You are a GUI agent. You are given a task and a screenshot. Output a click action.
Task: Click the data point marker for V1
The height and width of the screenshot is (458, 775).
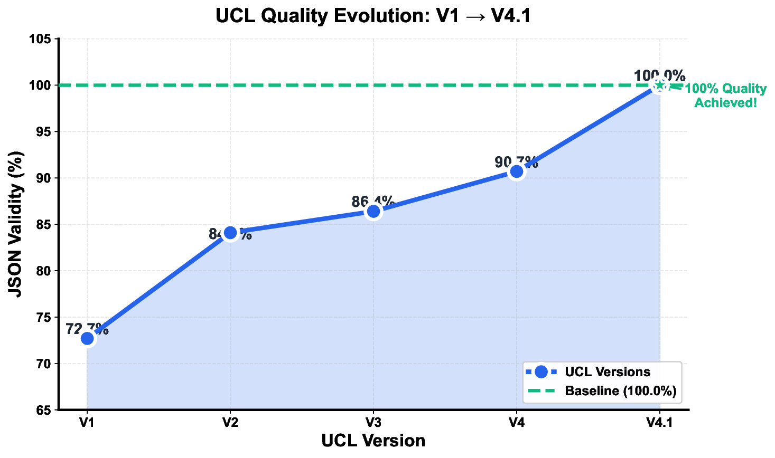pos(88,338)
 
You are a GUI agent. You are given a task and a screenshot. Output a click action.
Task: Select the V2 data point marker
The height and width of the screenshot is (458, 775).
pos(230,232)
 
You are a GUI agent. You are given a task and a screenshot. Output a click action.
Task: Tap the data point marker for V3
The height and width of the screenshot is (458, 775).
pos(374,211)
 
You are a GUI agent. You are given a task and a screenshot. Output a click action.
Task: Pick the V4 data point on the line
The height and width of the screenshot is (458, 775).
pos(517,171)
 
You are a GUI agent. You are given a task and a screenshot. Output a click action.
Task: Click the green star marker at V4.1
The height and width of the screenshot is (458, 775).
pos(659,85)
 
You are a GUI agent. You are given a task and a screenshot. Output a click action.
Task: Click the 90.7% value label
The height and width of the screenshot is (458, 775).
pos(516,162)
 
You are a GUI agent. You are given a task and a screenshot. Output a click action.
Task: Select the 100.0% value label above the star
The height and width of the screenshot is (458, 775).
pos(659,75)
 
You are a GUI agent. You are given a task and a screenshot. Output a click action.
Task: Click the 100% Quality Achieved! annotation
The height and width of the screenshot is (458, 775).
pos(725,96)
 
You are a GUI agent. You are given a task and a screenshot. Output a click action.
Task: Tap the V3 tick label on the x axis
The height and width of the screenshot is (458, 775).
pos(374,422)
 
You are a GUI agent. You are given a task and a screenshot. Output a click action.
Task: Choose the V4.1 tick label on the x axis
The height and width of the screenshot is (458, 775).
pos(659,422)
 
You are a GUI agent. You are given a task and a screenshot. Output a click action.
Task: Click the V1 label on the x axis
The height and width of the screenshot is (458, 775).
pos(87,422)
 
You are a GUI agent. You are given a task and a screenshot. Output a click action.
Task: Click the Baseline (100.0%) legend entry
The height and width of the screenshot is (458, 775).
pos(620,391)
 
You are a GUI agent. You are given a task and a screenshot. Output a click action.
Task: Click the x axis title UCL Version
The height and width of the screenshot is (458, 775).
pos(373,441)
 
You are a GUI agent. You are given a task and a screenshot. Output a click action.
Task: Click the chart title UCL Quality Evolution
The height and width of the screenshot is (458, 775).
pos(373,16)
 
